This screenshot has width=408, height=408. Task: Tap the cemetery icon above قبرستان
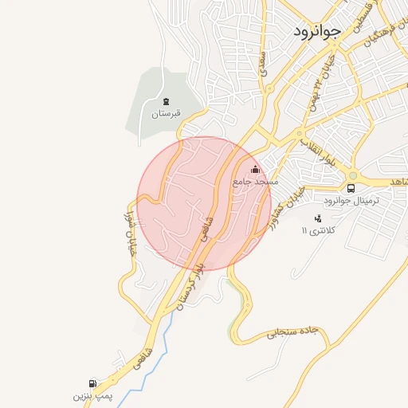pyautogui.click(x=166, y=101)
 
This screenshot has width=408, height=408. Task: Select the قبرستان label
pyautogui.click(x=166, y=113)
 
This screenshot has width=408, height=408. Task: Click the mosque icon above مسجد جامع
pyautogui.click(x=255, y=169)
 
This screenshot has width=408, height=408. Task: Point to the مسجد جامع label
pyautogui.click(x=255, y=182)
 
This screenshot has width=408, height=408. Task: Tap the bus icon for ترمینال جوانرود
pyautogui.click(x=351, y=188)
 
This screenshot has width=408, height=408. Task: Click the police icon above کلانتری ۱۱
pyautogui.click(x=319, y=218)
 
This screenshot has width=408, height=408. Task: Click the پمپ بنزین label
pyautogui.click(x=89, y=395)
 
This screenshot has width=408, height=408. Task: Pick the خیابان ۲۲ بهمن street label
pyautogui.click(x=317, y=88)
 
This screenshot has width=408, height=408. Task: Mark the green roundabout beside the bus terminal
pyautogui.click(x=351, y=175)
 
